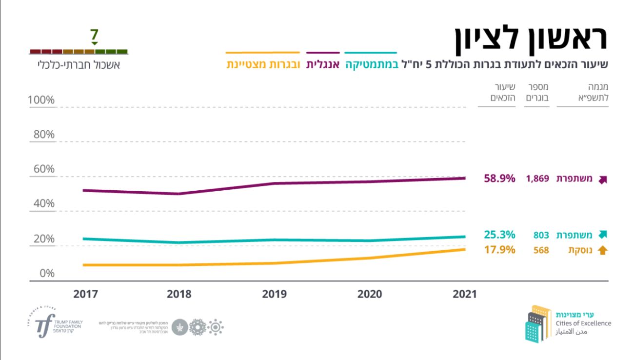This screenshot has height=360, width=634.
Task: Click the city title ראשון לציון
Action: pos(531,40)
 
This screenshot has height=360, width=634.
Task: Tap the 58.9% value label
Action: pos(499,179)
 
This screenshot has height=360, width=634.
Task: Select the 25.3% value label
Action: pos(499,235)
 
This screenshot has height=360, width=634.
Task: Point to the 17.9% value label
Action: pos(499,250)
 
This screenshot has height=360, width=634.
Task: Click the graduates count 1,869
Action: pos(537,179)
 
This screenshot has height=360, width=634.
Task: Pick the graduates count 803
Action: pos(541,235)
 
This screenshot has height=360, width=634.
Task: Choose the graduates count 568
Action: pos(541,250)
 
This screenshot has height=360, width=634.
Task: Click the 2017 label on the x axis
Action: pos(86,294)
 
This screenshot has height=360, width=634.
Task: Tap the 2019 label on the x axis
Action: pos(274,294)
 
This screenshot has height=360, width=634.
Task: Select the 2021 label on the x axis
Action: pos(465,294)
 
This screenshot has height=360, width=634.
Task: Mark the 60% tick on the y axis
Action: pos(43,169)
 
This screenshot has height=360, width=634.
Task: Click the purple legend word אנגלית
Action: pos(323,64)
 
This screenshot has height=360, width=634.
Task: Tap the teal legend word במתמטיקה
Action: pos(372,64)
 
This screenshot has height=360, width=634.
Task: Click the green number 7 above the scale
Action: pos(94,35)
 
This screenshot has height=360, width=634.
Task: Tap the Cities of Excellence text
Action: pos(583,323)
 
